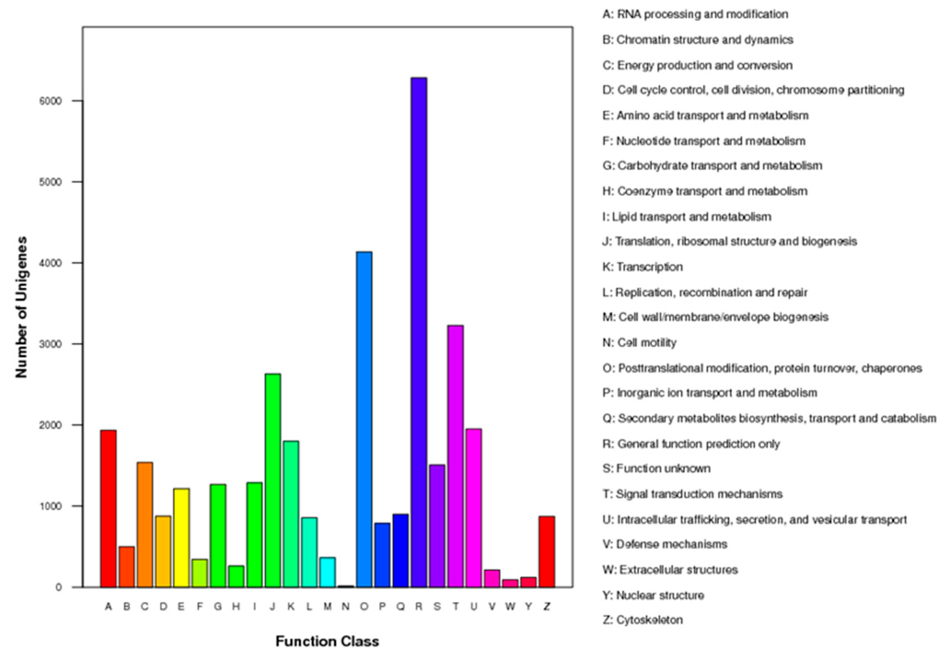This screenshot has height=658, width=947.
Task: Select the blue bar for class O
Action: click(364, 419)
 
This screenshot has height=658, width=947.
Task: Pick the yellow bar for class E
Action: click(181, 537)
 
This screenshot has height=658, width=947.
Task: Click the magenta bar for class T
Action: click(456, 456)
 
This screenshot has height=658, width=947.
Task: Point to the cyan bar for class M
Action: click(327, 572)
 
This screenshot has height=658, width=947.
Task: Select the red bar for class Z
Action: click(547, 551)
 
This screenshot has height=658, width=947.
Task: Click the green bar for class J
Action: click(273, 480)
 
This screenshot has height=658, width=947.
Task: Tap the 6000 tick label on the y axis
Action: click(50, 101)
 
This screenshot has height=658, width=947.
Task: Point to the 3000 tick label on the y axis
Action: click(50, 344)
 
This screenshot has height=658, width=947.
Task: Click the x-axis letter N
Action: click(345, 606)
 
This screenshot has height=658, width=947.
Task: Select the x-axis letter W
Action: click(510, 606)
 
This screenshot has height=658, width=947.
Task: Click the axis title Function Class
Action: click(327, 641)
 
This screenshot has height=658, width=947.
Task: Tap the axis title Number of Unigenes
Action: click(22, 307)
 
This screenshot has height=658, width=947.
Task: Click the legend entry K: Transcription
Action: click(642, 267)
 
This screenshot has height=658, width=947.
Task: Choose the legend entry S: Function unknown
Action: click(656, 469)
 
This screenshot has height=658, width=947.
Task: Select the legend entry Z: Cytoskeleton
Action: click(642, 620)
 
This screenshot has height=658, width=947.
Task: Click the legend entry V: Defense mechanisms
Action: click(665, 544)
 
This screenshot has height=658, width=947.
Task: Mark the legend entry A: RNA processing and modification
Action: click(695, 14)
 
